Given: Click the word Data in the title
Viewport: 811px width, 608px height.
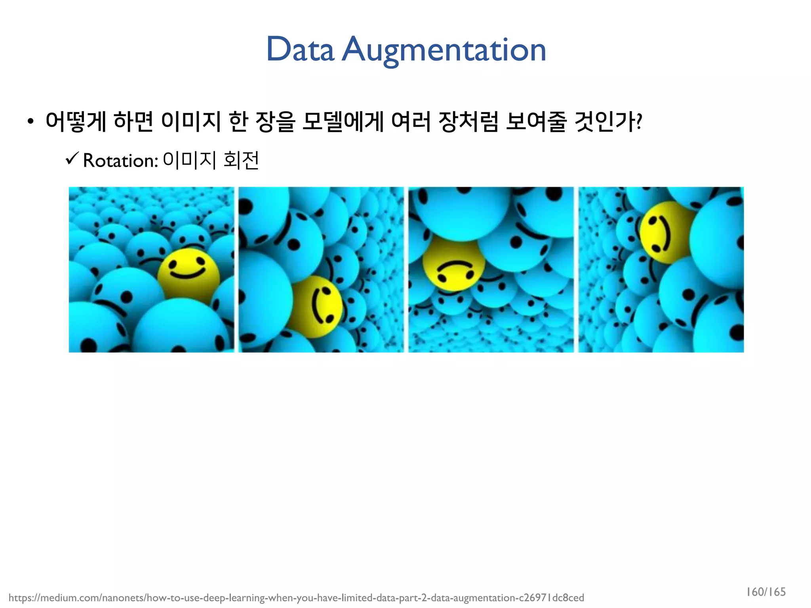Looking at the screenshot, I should pyautogui.click(x=300, y=49).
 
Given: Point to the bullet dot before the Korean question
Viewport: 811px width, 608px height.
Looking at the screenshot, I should pyautogui.click(x=30, y=122).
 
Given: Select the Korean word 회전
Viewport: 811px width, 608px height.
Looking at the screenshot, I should pyautogui.click(x=241, y=160).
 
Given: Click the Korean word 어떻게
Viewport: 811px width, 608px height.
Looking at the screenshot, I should pyautogui.click(x=76, y=121).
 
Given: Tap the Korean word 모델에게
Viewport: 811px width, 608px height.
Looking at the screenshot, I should pyautogui.click(x=343, y=121).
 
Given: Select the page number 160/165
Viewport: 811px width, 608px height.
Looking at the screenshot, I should pyautogui.click(x=766, y=592).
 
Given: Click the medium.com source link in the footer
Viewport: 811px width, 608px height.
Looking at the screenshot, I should pyautogui.click(x=296, y=598).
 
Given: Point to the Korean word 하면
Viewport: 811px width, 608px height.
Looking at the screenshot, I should pyautogui.click(x=133, y=121).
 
